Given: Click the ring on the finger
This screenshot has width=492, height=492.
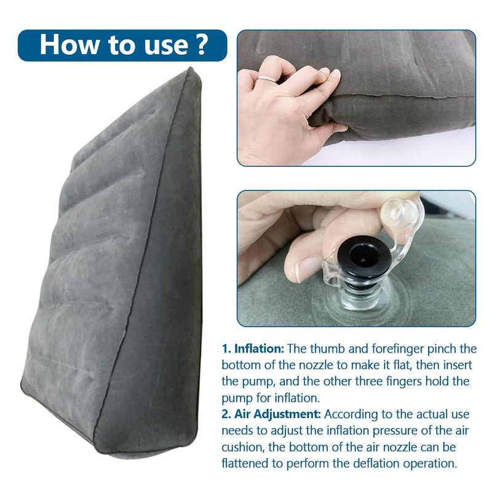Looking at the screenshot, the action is tap(267, 79).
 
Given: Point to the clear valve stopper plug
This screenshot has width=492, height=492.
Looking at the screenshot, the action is tap(398, 213).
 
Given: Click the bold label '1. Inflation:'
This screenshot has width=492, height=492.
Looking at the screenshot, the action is tap(253, 349).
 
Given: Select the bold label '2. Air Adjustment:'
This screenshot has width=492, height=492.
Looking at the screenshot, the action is tap(271, 414).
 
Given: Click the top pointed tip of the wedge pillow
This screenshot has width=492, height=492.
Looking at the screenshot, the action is tap(190, 68).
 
